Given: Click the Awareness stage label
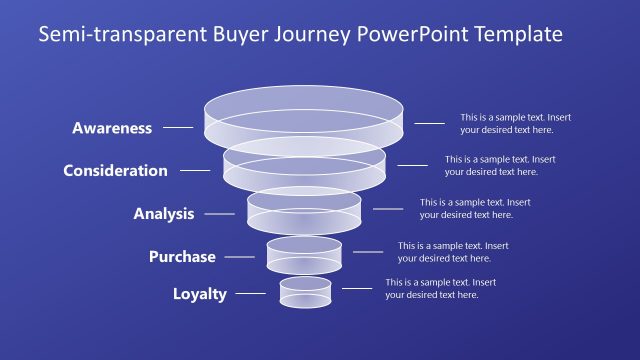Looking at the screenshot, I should pos(112,128).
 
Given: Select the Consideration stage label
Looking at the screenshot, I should pos(115,170).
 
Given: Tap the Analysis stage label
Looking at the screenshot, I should pos(164,214).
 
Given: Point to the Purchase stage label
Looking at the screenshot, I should pos(182,257).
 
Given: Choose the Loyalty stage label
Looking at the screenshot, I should pos(200,294).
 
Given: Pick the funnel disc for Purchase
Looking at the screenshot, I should pos(304,254).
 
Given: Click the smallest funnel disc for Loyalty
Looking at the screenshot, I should pos(305,292).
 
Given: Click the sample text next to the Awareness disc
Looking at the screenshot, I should pos(515,123).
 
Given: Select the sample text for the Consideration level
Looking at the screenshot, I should pos(499,165).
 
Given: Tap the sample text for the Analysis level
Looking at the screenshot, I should pos(474,208).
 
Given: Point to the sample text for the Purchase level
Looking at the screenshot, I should pos(453,252).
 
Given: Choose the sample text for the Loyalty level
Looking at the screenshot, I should pos(440,288).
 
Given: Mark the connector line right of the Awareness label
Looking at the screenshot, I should pos(178,128).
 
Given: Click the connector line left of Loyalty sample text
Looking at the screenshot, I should pos(357,289).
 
